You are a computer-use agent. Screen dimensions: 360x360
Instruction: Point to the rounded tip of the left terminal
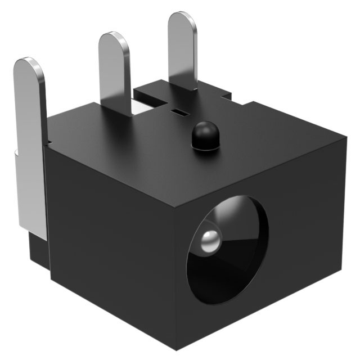[x=28, y=65]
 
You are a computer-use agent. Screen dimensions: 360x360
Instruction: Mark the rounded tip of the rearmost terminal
[x=182, y=20]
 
